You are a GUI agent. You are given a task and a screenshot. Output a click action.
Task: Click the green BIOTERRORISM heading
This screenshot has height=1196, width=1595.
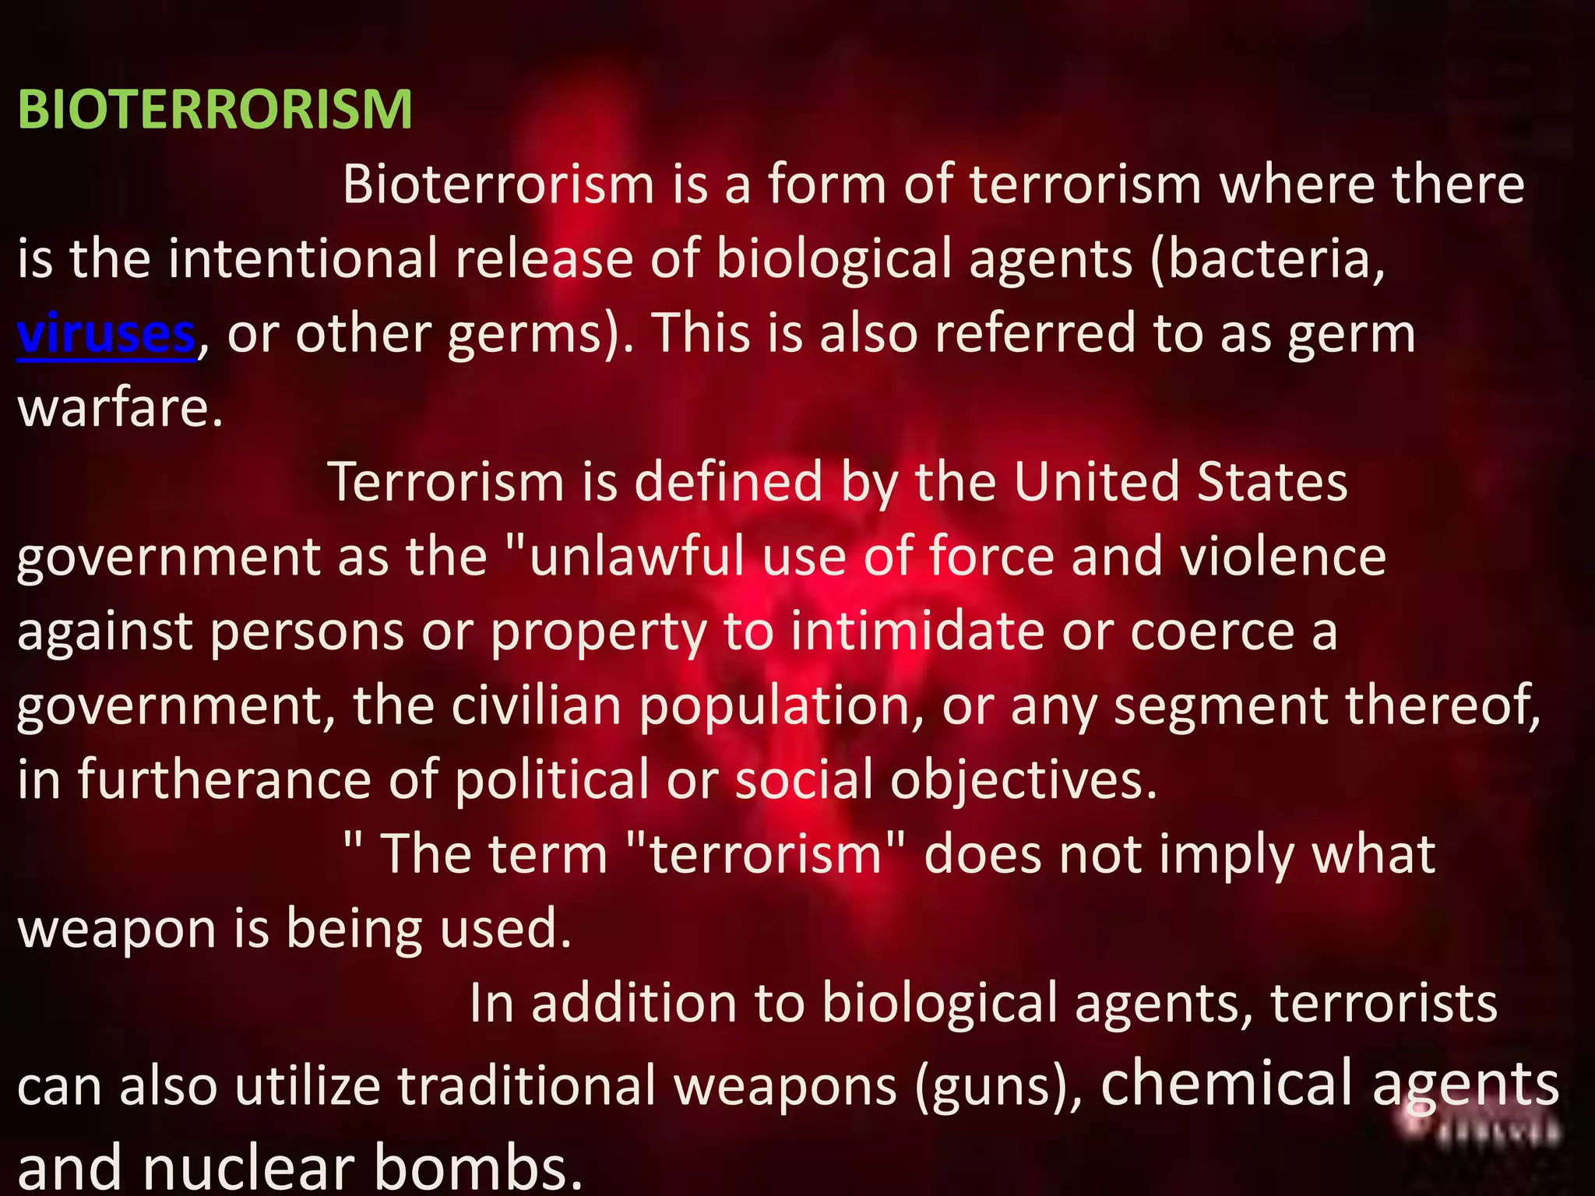click(x=215, y=110)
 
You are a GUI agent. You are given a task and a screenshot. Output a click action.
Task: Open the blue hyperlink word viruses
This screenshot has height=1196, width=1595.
click(x=106, y=333)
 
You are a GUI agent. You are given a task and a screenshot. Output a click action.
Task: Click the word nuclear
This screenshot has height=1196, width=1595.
click(x=248, y=1167)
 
